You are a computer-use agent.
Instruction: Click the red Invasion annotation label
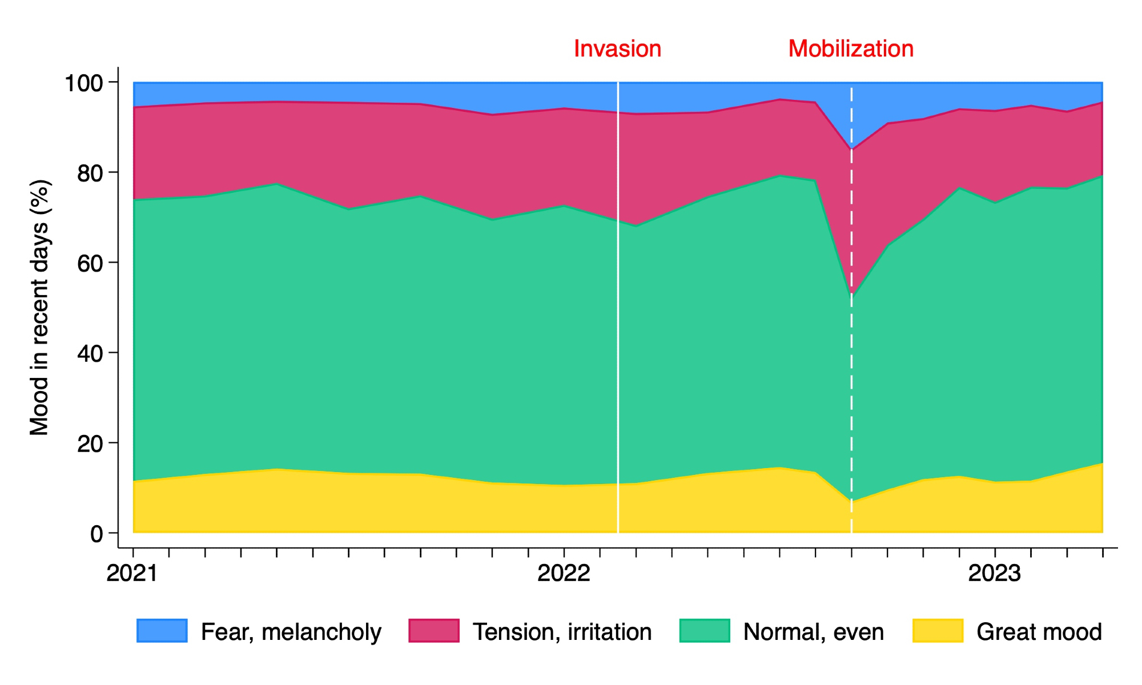[x=617, y=49]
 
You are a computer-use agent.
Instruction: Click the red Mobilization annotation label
[x=851, y=49]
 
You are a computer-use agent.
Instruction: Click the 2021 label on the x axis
[x=132, y=573]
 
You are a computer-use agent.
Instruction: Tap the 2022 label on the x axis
[x=564, y=573]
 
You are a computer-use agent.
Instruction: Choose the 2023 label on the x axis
[x=994, y=573]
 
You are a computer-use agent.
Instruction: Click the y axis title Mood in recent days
[x=40, y=308]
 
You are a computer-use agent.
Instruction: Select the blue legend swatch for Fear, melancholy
[x=162, y=631]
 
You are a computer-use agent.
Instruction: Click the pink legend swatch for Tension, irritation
[x=434, y=631]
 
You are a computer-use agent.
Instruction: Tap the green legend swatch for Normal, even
[x=705, y=631]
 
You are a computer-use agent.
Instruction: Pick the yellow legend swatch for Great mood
[x=938, y=631]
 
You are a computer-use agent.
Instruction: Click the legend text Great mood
[x=1039, y=632]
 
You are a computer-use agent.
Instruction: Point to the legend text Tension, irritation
[x=562, y=632]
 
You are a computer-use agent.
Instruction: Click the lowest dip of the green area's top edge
[x=851, y=295]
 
